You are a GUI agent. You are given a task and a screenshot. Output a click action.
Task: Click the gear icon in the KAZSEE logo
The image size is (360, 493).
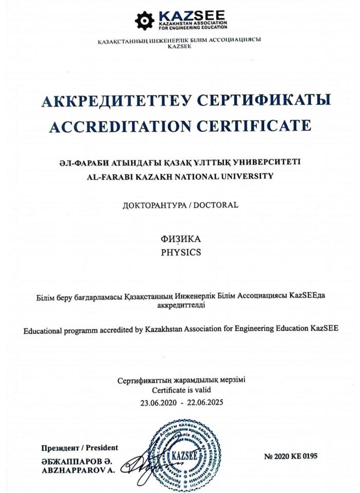[x=145, y=20]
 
